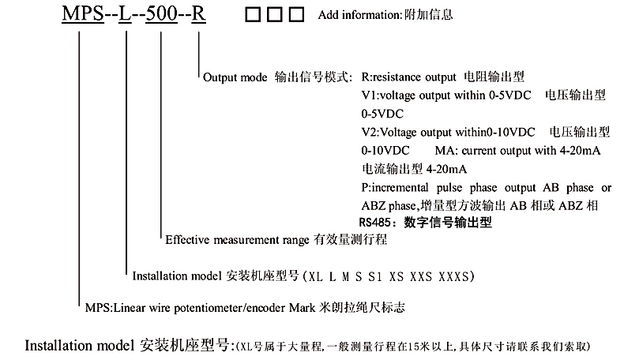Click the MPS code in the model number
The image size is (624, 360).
[81, 15]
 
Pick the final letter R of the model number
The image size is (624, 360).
[201, 15]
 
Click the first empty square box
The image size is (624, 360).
[253, 16]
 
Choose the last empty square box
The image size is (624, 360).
[296, 16]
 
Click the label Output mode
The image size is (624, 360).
[234, 78]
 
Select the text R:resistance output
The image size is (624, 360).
[408, 78]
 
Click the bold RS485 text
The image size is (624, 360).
[376, 223]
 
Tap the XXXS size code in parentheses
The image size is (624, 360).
[456, 276]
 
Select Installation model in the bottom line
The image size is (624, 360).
[79, 346]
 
